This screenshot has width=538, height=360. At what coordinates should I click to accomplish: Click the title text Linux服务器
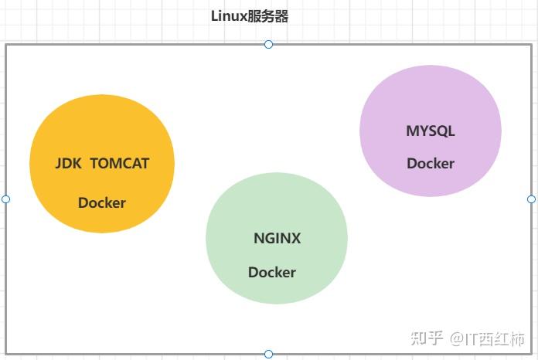(x=250, y=16)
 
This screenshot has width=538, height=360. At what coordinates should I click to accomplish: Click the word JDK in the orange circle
(x=69, y=164)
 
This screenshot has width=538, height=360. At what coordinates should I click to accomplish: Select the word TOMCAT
(x=120, y=164)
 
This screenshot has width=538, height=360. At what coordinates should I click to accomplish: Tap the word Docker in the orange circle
(x=101, y=203)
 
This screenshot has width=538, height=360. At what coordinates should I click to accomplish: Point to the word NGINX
(x=277, y=239)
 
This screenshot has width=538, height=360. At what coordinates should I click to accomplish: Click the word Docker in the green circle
(x=271, y=273)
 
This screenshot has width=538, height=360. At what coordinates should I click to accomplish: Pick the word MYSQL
(x=431, y=131)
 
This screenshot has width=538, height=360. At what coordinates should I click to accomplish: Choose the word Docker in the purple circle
(x=431, y=164)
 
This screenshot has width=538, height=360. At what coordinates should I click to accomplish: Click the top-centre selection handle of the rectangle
(x=268, y=44)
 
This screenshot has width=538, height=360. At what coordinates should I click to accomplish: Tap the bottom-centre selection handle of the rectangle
(x=268, y=354)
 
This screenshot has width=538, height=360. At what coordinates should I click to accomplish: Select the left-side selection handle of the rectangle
(x=6, y=199)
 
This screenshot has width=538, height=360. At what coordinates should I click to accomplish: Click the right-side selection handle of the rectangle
(x=531, y=199)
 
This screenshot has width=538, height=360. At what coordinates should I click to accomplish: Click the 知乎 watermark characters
(x=427, y=338)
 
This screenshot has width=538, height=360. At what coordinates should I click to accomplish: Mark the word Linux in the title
(x=229, y=16)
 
